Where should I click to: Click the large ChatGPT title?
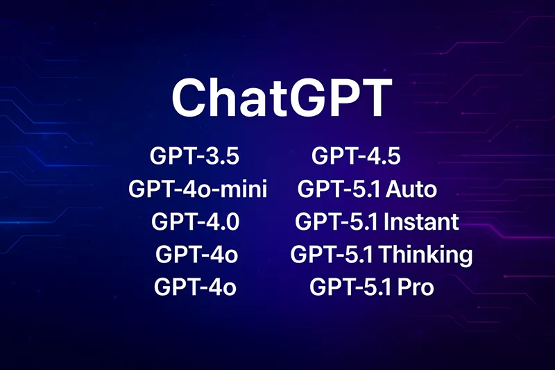pyautogui.click(x=282, y=98)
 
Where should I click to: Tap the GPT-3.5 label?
pyautogui.click(x=194, y=155)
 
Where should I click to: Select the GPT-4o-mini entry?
pyautogui.click(x=198, y=189)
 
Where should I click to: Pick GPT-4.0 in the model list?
pyautogui.click(x=195, y=221)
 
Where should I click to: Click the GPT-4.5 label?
pyautogui.click(x=356, y=155)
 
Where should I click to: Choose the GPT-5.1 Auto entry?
pyautogui.click(x=367, y=189)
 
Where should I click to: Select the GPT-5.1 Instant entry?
pyautogui.click(x=377, y=221)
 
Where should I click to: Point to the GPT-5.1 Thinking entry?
pyautogui.click(x=381, y=254)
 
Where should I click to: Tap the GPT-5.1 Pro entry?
pyautogui.click(x=371, y=286)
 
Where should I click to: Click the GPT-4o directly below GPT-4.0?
pyautogui.click(x=197, y=254)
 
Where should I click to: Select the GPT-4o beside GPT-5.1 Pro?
pyautogui.click(x=195, y=286)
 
